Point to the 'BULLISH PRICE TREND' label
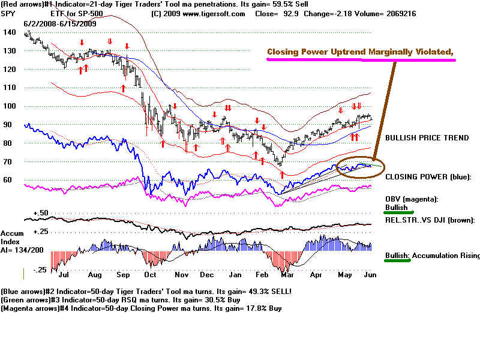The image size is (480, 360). tap(427, 137)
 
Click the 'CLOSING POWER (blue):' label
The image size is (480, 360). tap(428, 176)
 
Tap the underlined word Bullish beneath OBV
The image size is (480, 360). tap(397, 208)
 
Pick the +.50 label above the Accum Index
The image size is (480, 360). tap(41, 214)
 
